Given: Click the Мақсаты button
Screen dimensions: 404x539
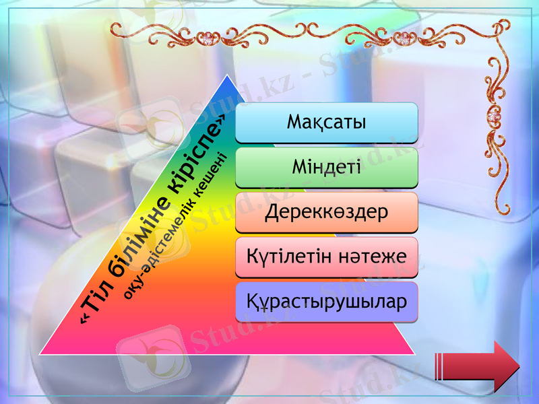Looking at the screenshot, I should point(327,123).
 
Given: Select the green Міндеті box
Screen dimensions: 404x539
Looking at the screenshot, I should point(327,167).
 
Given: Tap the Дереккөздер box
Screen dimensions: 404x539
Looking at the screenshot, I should point(327,212).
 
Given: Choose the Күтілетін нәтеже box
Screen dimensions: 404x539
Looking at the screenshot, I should point(327,257).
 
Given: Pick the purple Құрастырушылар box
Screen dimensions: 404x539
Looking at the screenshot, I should point(327,301).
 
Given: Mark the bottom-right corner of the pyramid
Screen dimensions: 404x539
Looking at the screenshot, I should point(414,353).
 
